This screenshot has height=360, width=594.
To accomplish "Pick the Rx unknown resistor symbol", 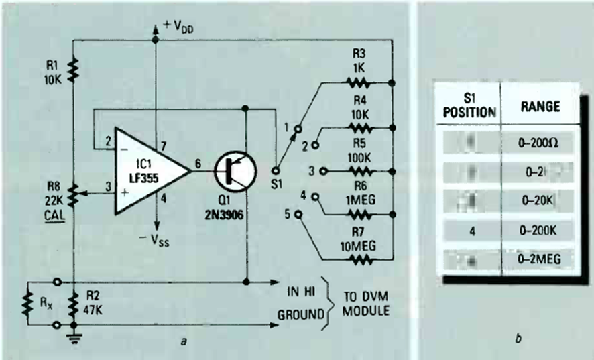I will (x=27, y=305).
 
